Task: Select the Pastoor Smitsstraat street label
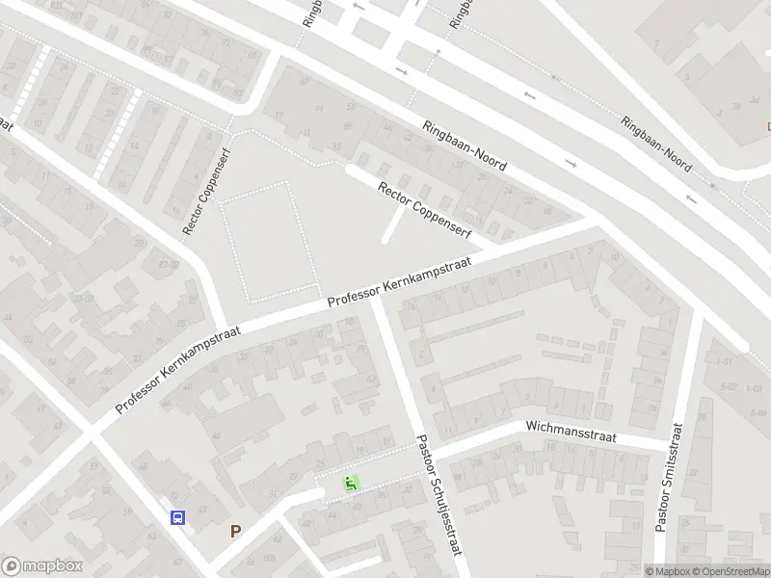669,478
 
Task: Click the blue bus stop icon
178,517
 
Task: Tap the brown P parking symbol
235,531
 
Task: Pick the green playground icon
352,484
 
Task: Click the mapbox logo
41,565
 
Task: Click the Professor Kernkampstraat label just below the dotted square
403,280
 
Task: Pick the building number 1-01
724,362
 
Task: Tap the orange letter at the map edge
767,125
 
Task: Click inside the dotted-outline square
269,239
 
